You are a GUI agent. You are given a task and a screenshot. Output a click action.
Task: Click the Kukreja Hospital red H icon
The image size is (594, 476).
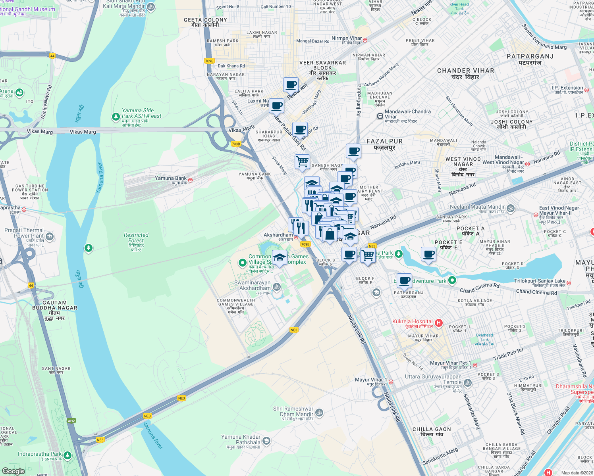tap(439, 323)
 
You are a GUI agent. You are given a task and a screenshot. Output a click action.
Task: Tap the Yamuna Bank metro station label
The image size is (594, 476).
tap(171, 178)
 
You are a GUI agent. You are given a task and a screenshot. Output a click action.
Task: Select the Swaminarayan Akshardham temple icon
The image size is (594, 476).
tap(277, 286)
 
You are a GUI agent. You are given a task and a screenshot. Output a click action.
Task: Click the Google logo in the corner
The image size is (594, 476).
tap(13, 471)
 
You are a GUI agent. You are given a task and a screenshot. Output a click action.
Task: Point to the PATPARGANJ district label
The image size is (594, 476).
tap(530, 57)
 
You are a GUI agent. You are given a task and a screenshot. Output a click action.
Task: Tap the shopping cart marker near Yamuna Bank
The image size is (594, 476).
tap(302, 161)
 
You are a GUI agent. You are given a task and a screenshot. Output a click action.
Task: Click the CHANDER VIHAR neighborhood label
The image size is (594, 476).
tap(465, 71)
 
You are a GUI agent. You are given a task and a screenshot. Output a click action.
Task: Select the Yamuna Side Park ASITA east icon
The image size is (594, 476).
tap(116, 117)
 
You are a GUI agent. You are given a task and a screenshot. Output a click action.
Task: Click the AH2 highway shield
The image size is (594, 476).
tap(71, 421)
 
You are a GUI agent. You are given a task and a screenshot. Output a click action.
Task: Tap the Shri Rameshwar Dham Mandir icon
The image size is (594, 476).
tap(319, 413)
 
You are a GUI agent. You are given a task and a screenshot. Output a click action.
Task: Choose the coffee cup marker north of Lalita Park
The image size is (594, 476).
tap(291, 84)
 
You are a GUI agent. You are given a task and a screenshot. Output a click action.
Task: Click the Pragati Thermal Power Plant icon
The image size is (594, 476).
tap(50, 237)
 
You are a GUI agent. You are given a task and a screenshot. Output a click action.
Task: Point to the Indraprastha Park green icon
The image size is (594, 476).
tap(67, 455)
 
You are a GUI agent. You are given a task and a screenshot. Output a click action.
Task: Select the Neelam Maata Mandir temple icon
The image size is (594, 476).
tap(511, 208)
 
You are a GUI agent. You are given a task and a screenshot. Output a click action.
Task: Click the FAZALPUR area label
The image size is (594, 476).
tap(384, 142)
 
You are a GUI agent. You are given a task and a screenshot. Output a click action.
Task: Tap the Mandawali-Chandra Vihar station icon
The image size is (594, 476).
tap(380, 116)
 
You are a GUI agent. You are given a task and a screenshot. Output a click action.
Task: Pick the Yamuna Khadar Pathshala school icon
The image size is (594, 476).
tap(266, 441)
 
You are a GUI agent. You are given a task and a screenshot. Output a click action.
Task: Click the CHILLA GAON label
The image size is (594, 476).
tap(432, 430)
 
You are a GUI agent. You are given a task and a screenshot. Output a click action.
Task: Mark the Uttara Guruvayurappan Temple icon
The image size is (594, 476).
tap(468, 383)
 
